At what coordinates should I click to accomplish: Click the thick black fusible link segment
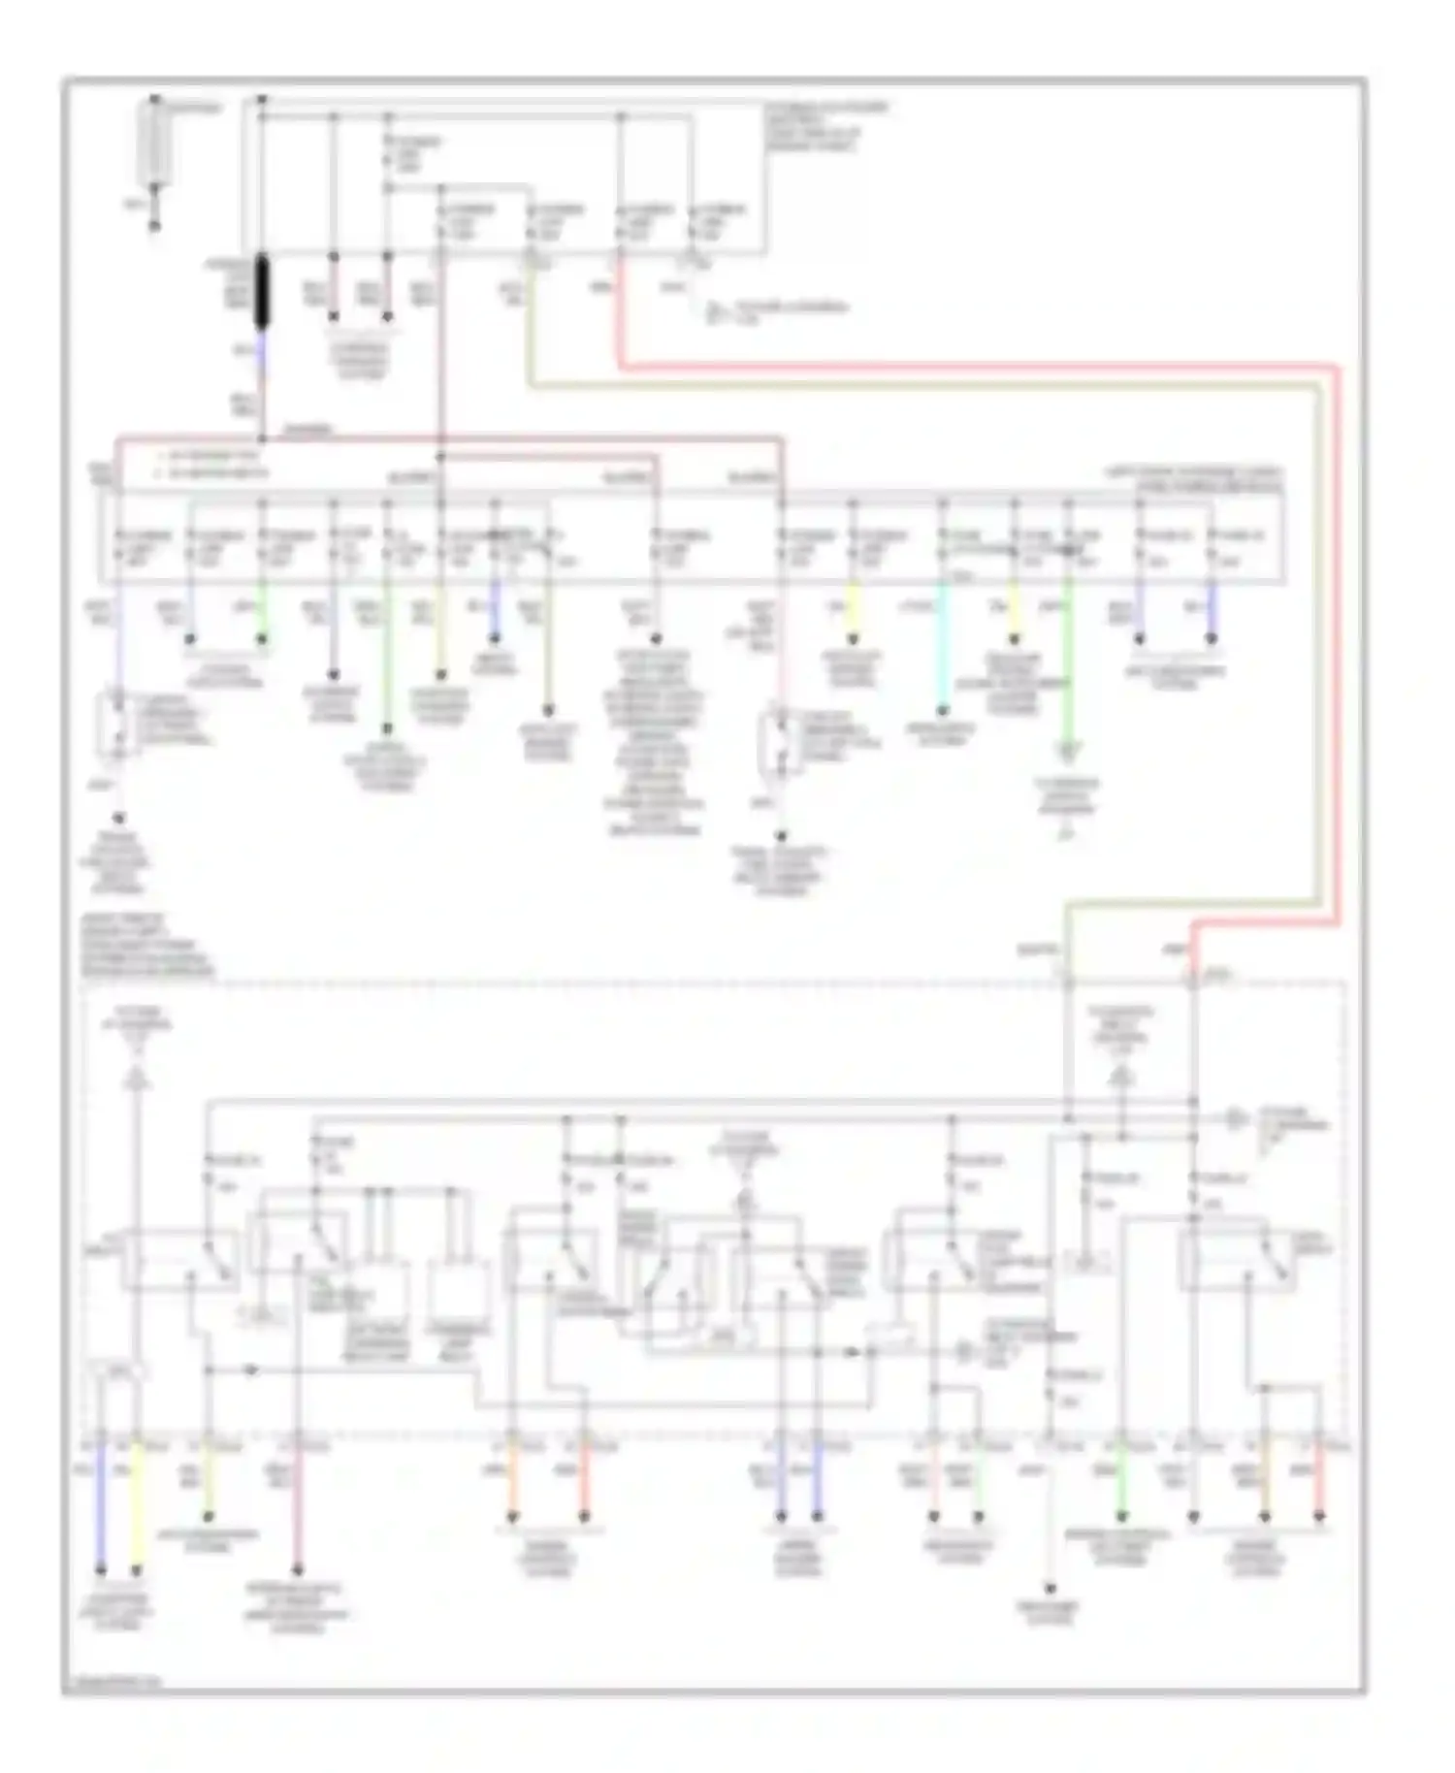click(x=262, y=292)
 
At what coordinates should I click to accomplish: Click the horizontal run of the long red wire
click(x=970, y=368)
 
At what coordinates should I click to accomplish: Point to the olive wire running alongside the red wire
click(x=921, y=386)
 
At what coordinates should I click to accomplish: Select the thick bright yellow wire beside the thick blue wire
click(x=137, y=1503)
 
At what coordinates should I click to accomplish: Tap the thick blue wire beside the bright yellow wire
click(x=100, y=1503)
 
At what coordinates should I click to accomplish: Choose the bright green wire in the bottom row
click(x=1121, y=1483)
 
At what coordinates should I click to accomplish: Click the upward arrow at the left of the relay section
click(x=137, y=1074)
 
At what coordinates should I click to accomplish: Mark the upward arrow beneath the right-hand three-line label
click(x=1121, y=1075)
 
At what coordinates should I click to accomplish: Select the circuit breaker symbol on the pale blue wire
click(x=117, y=723)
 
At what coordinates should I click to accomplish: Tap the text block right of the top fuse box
click(x=824, y=126)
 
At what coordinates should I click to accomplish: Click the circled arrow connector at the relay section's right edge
click(x=1234, y=1118)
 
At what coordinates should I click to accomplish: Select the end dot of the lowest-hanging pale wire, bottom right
click(x=1050, y=1588)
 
